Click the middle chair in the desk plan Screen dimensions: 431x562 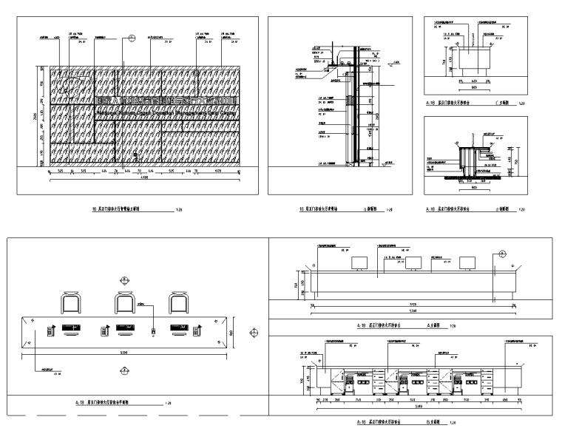pyautogui.click(x=126, y=302)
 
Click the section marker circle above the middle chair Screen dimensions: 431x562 pyautogui.click(x=122, y=281)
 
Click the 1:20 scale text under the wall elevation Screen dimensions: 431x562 pyautogui.click(x=179, y=210)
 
